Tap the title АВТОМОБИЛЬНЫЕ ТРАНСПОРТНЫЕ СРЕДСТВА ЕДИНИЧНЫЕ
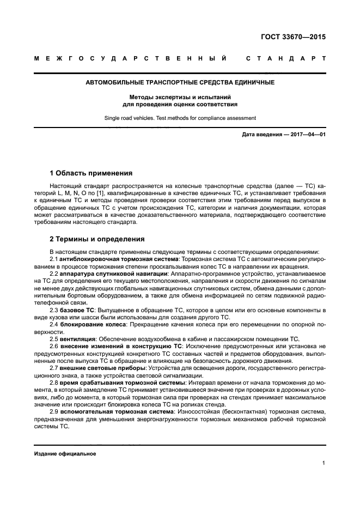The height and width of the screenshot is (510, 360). pos(180,82)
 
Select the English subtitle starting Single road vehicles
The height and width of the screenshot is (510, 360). pos(180,118)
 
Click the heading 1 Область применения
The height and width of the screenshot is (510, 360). pos(91,173)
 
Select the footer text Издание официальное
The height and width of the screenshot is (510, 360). pos(65,453)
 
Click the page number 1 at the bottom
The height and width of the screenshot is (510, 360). pos(324,463)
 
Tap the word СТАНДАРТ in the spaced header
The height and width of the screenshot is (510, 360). pos(286,58)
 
